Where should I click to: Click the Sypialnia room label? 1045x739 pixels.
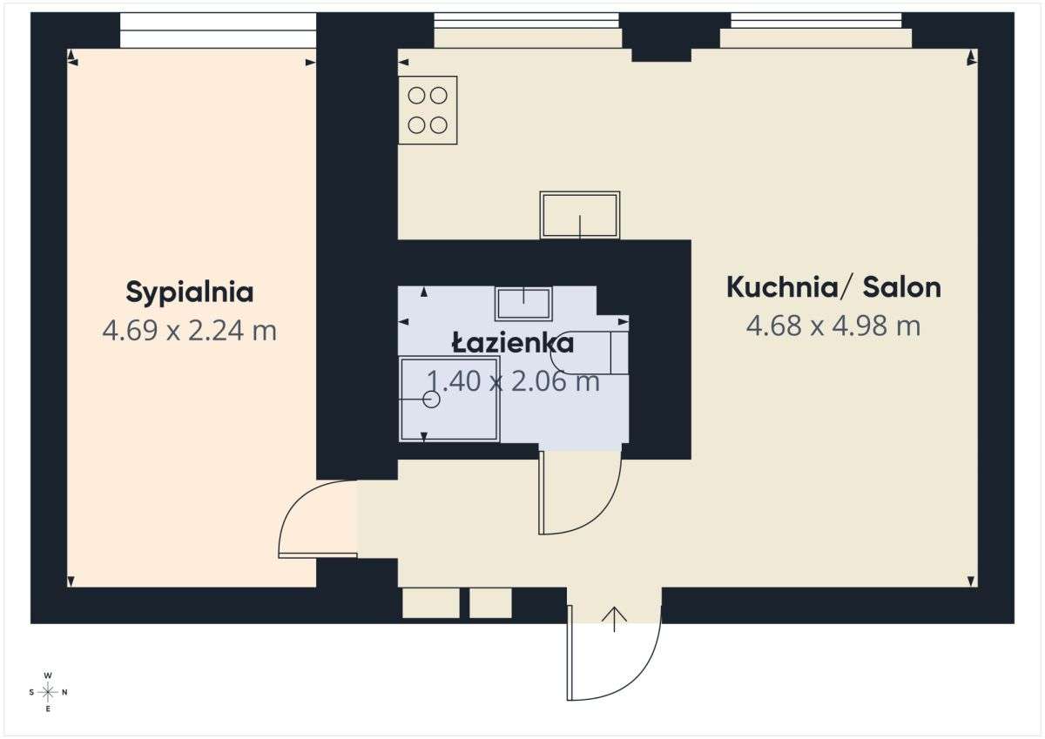pos(190,292)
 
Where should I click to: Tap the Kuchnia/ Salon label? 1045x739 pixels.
pos(833,286)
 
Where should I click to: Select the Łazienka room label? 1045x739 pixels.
pos(512,343)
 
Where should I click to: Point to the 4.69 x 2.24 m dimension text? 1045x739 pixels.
pos(189,331)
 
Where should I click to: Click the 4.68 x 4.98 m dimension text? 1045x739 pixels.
pos(833,326)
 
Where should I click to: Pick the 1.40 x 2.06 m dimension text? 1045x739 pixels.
pos(512,381)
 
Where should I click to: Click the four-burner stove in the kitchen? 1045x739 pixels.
pos(428,110)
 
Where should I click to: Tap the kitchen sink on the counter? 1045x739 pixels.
pos(580,214)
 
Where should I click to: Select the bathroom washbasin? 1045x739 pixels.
pos(523,303)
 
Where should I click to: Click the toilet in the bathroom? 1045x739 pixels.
pos(592,352)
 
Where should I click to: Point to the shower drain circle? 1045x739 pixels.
pos(431,400)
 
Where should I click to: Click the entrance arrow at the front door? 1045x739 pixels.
pos(615,618)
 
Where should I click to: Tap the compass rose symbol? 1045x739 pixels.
pos(48,692)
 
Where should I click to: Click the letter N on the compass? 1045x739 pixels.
pos(65,693)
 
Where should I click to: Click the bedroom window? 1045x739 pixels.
pos(218,30)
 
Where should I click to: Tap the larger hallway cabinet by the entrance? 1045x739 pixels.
pos(430,603)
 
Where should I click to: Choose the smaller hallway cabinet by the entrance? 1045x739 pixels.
pos(490,603)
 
